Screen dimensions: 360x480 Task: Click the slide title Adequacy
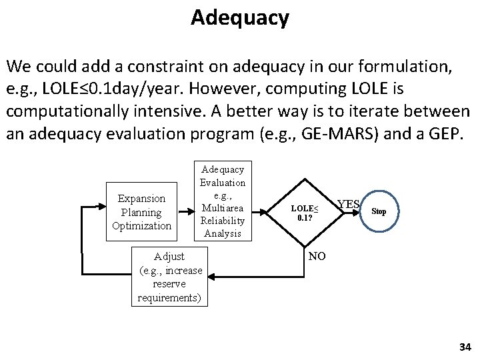(x=239, y=17)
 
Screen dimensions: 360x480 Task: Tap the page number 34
(x=465, y=347)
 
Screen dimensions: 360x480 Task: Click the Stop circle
(x=379, y=211)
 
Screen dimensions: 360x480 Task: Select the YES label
(x=349, y=204)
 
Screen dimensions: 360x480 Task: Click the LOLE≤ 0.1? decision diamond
(x=303, y=213)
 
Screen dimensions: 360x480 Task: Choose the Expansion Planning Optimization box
(x=141, y=212)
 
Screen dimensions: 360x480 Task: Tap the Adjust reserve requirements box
(x=169, y=277)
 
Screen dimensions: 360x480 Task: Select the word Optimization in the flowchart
(x=141, y=225)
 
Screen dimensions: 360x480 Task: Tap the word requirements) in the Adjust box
(x=169, y=297)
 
